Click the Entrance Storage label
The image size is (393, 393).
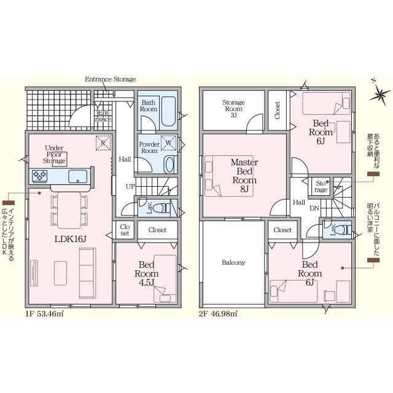coord(111,79)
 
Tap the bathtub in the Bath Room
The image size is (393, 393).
coord(168,112)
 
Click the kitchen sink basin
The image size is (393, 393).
coord(78,176)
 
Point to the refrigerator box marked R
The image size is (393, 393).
coord(103,143)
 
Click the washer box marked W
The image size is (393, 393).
coord(168,143)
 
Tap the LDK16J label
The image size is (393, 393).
coord(71,239)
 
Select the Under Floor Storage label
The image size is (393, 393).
coord(54,154)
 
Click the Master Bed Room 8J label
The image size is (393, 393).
coord(244,176)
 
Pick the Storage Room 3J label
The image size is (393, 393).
coord(233,109)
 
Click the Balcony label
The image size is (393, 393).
coord(233,263)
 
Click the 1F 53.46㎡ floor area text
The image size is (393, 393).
coord(45,314)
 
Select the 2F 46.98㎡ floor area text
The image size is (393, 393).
coord(218,314)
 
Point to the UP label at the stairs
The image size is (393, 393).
coord(130,187)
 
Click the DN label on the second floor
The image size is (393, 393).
coord(314,208)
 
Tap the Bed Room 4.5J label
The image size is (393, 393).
coord(147,273)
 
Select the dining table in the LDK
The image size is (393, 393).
coord(69,210)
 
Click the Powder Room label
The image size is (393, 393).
coord(149,147)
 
